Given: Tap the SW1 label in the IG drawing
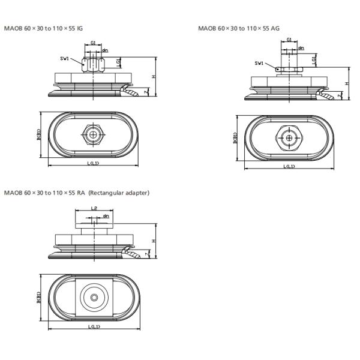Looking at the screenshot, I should (x=64, y=58).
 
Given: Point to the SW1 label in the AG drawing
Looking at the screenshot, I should (x=259, y=63).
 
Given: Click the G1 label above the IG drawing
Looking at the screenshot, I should (x=93, y=43).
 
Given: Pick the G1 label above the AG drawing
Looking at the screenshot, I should (x=289, y=40).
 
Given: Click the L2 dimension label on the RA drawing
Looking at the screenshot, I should (x=94, y=208).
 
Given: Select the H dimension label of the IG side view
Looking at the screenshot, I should (x=154, y=76).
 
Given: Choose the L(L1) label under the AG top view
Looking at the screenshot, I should (x=289, y=166).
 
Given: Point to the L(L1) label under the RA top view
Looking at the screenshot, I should (x=93, y=326).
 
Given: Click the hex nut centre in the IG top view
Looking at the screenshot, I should (x=93, y=135).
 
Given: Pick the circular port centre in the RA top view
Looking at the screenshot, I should (x=94, y=298).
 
